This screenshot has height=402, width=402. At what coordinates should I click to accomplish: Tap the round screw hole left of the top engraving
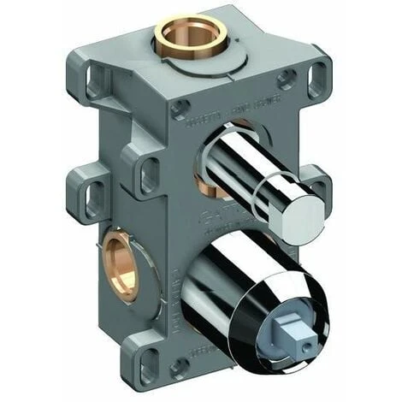click(x=180, y=109)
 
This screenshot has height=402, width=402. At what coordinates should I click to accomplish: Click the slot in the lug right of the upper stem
click(x=318, y=190)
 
